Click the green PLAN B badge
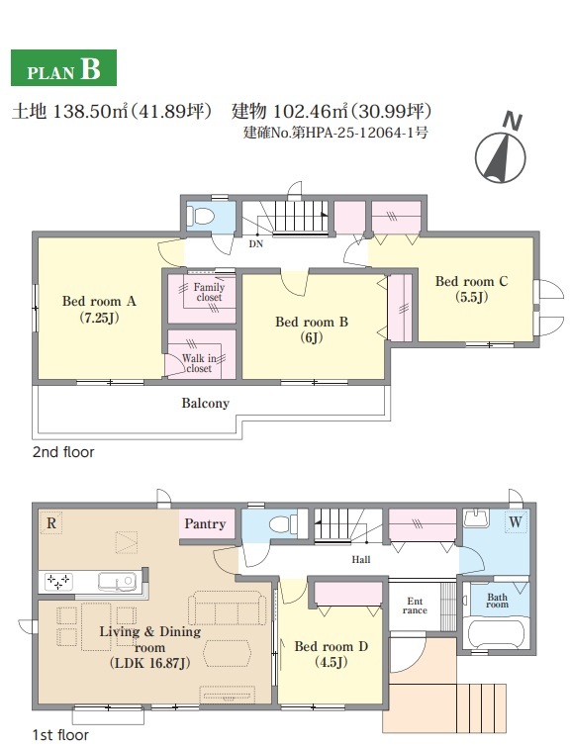click(63, 67)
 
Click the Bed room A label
click(99, 309)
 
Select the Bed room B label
click(312, 329)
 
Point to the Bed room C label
click(471, 289)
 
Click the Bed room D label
click(332, 654)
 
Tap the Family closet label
click(209, 292)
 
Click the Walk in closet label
click(199, 363)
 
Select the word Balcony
click(205, 403)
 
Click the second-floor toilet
click(200, 216)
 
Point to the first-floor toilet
click(283, 524)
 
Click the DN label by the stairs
click(256, 243)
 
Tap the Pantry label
click(205, 523)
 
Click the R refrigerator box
click(51, 522)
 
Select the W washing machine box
click(516, 521)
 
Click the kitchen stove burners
click(57, 581)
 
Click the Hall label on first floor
click(361, 559)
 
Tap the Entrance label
click(415, 606)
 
